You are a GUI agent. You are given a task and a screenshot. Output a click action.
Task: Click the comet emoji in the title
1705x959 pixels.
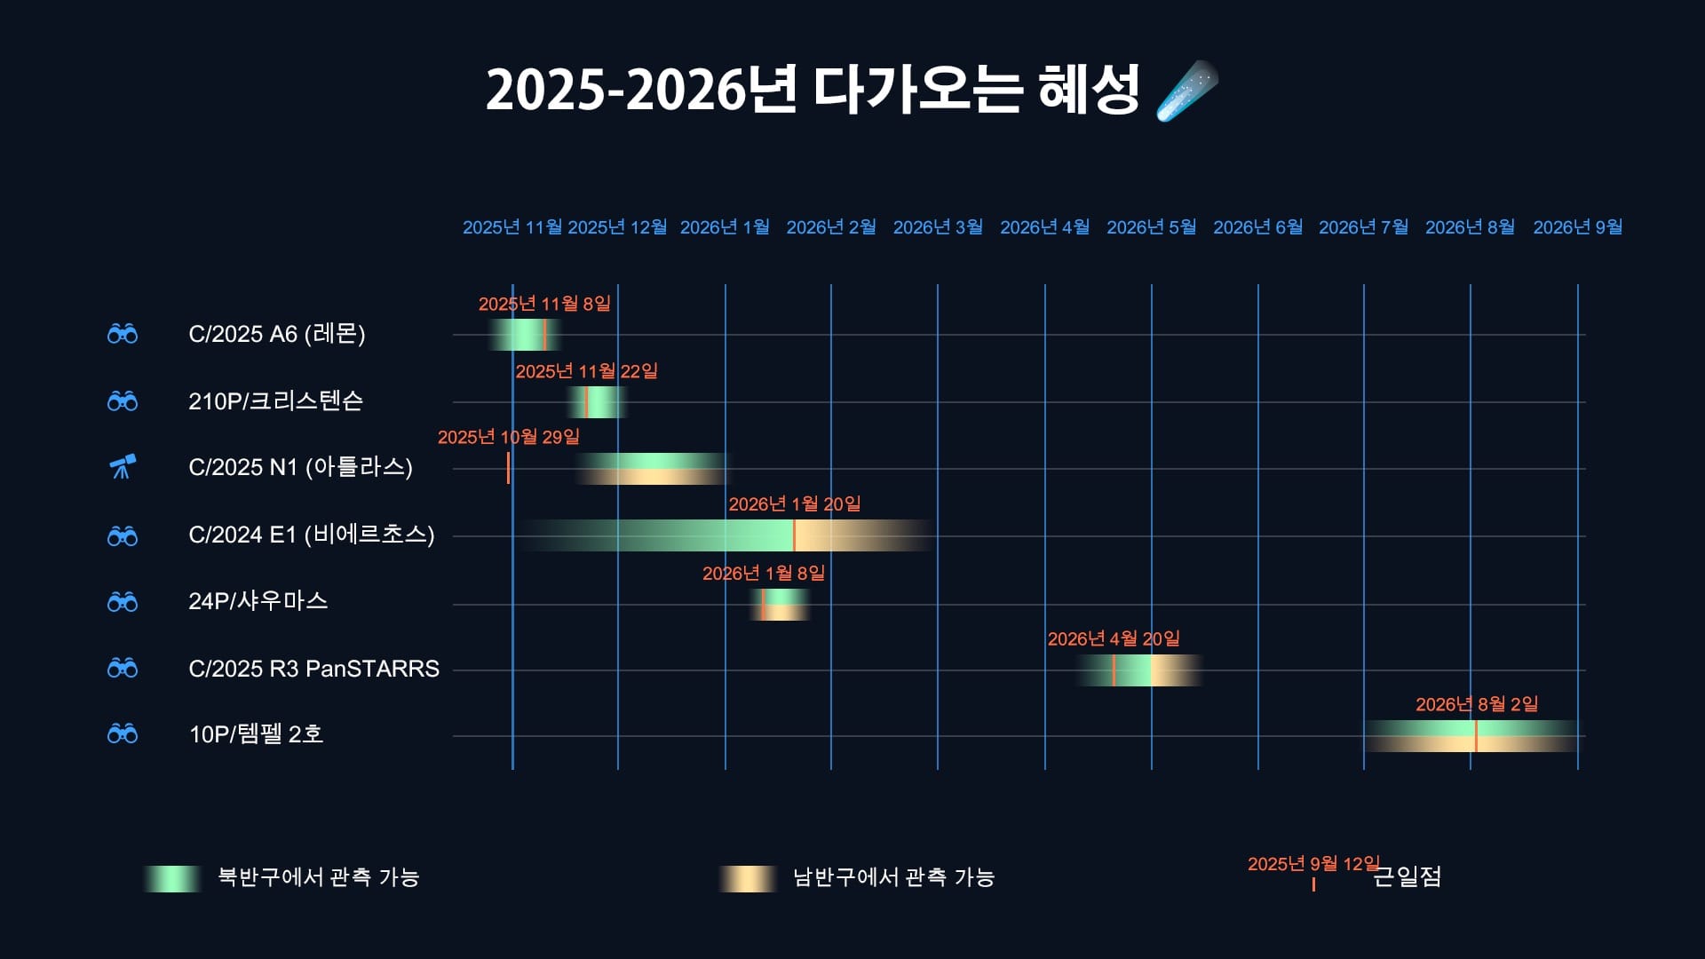point(1187,91)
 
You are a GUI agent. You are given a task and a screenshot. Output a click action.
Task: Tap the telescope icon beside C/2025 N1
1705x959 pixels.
point(123,466)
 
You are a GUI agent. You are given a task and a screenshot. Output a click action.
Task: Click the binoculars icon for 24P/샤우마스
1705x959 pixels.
point(123,601)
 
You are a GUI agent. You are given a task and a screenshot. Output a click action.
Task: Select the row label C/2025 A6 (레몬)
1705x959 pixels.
point(277,334)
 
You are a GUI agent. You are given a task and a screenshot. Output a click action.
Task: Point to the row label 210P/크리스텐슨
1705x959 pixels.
point(275,400)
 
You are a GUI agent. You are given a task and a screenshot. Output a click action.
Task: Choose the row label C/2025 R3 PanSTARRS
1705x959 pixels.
point(313,669)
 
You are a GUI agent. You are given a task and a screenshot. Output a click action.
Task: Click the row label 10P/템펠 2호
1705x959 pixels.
point(256,734)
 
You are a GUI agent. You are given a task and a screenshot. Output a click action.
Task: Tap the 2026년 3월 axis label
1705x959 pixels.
point(938,227)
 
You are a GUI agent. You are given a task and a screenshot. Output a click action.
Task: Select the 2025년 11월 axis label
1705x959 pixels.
point(512,227)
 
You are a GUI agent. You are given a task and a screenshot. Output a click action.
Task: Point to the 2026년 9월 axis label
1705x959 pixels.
point(1577,227)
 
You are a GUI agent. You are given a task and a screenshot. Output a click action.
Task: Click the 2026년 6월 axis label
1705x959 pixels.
point(1257,227)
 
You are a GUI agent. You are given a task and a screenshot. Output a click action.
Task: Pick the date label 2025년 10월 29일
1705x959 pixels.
point(508,437)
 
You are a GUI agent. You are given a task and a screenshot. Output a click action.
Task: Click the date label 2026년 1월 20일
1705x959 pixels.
point(795,504)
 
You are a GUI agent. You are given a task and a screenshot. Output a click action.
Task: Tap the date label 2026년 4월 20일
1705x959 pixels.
point(1114,638)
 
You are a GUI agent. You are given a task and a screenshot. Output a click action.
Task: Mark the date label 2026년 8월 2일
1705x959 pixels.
point(1477,704)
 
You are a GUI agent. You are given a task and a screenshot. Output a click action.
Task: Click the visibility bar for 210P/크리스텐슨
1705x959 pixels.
point(598,402)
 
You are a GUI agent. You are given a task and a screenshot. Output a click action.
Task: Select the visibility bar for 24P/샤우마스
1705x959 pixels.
point(780,605)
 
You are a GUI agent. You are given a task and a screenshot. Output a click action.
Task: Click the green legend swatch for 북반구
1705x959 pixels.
point(172,878)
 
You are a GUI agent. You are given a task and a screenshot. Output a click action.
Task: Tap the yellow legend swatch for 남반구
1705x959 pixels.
point(748,878)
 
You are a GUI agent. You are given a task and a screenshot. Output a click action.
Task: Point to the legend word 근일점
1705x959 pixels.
point(1408,876)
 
